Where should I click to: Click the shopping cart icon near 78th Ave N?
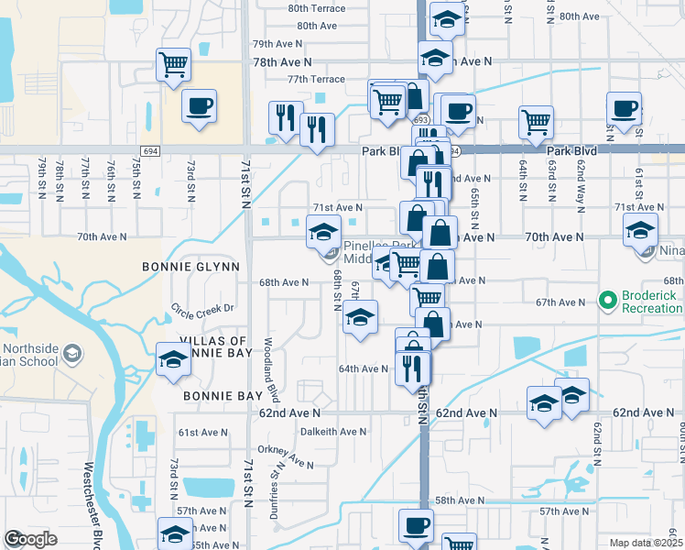tap(173, 65)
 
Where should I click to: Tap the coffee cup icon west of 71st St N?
tap(199, 107)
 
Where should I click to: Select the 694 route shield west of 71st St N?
tap(151, 150)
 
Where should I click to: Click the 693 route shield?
tap(420, 120)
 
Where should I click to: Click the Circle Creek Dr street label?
tap(204, 307)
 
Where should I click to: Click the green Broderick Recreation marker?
tap(606, 299)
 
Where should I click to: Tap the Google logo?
tap(30, 539)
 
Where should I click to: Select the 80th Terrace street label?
tap(316, 8)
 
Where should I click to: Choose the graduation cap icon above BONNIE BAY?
tap(172, 360)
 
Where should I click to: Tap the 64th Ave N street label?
tap(363, 368)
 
